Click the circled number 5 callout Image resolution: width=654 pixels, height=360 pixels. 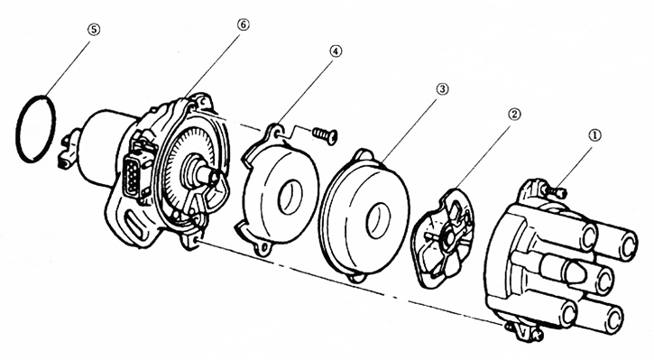pyautogui.click(x=94, y=30)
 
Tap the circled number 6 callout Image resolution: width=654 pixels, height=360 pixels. pyautogui.click(x=243, y=24)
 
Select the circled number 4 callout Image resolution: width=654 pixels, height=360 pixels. pyautogui.click(x=336, y=51)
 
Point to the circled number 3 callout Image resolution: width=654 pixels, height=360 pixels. pyautogui.click(x=442, y=88)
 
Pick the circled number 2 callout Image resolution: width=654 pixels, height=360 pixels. pyautogui.click(x=514, y=114)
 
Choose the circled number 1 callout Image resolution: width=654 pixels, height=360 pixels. pyautogui.click(x=594, y=134)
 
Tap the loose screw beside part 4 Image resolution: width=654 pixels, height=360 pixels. pyautogui.click(x=325, y=134)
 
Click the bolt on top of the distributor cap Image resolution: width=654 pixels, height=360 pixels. pyautogui.click(x=556, y=191)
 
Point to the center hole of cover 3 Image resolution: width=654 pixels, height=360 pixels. pyautogui.click(x=379, y=220)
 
